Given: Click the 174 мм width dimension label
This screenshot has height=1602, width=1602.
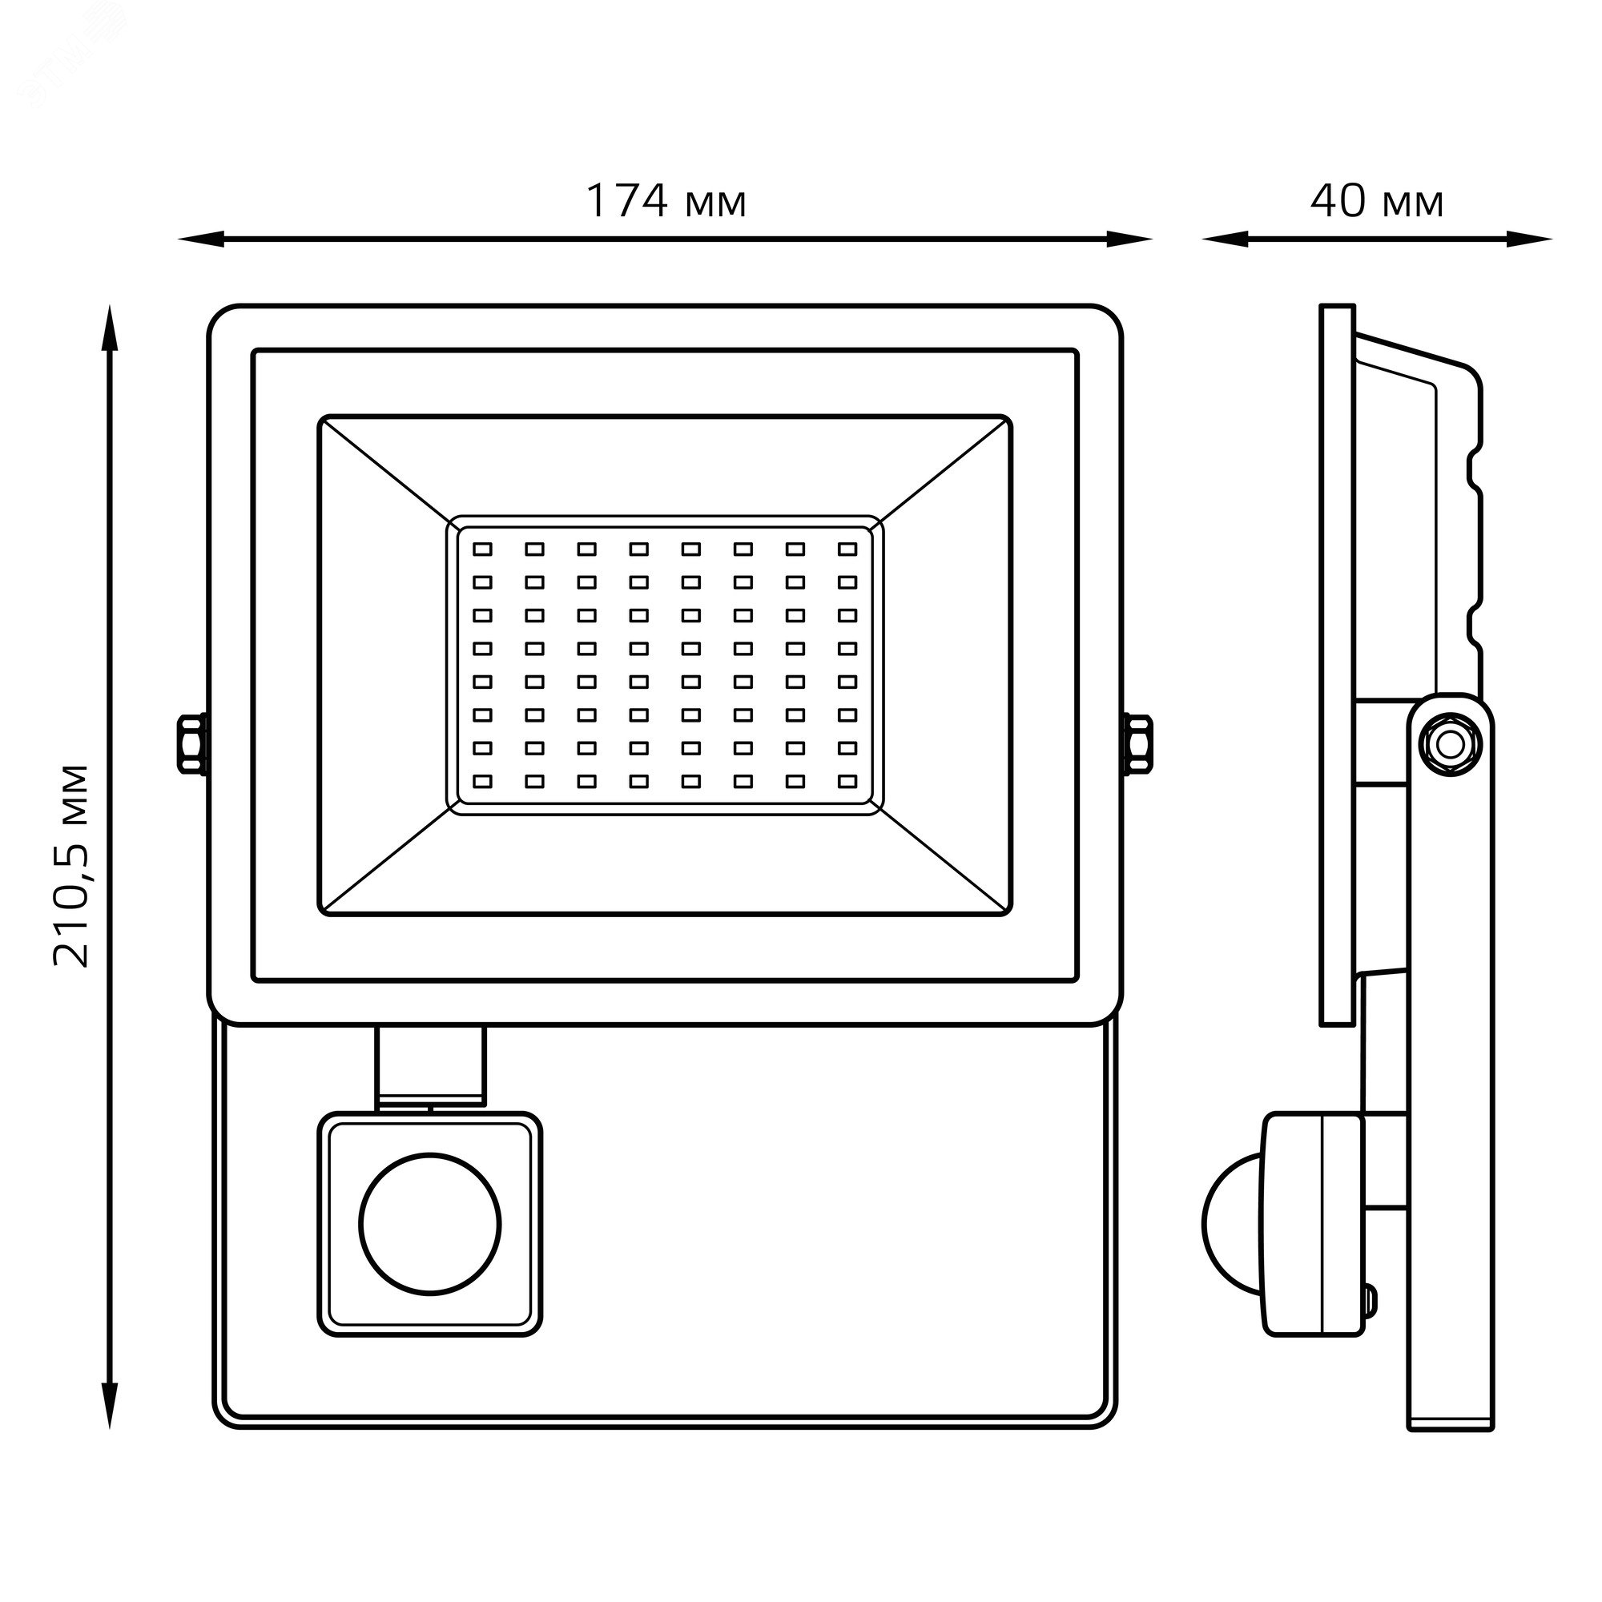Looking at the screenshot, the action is point(666,202).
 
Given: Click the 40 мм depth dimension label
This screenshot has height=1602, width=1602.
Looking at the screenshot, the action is point(1377,202).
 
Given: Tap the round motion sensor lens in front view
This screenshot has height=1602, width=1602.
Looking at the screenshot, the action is point(430,1224).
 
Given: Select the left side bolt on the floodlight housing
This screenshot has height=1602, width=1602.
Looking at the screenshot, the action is point(192,744).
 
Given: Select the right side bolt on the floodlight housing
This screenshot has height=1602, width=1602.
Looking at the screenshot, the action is point(1137,744).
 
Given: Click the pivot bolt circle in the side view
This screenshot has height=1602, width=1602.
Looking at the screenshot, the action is point(1451,744).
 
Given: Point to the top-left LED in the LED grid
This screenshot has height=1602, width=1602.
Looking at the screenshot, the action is point(481,549).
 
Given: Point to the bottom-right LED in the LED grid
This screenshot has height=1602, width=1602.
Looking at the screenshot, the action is point(847,781).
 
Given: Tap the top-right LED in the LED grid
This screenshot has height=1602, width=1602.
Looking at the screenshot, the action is point(847,549).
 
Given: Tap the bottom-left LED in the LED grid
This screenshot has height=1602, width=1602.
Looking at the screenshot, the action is point(481,781).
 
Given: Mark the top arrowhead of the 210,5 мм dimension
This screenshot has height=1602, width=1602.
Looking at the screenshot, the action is point(110,328).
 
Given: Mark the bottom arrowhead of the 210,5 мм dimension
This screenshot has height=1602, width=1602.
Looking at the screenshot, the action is point(110,1406).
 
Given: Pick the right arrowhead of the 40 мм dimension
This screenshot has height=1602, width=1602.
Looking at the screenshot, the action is point(1530,239).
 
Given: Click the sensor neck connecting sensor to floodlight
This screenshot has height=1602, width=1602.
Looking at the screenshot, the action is point(429,1068).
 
